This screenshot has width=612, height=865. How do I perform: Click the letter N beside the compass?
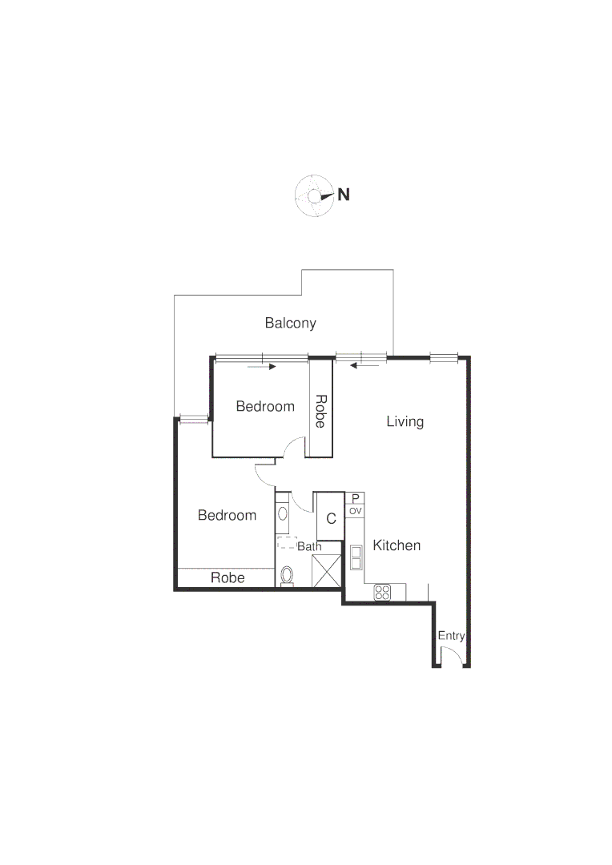pos(344,194)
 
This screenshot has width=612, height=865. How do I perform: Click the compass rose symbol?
pos(314,195)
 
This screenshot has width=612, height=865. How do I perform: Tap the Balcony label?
pos(291,324)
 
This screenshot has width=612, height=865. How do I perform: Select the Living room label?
pos(405,421)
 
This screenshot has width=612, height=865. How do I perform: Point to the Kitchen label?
pos(397,545)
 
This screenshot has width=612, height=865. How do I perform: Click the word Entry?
pos(451,636)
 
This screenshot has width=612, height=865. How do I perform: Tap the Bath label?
pos(309,546)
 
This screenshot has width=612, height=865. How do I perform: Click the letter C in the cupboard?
pos(331,517)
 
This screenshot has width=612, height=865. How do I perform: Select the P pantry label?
pos(356,498)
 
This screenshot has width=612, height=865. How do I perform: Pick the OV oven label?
pos(356,510)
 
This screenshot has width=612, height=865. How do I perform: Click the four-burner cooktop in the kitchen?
pos(382,593)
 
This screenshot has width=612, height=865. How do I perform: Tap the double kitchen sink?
pos(356,557)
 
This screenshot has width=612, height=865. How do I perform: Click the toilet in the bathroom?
pos(287,575)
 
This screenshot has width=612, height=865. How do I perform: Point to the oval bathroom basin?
pos(283,514)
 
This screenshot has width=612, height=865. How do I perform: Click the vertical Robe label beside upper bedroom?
pos(320,410)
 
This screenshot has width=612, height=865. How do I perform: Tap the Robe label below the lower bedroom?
pos(227,577)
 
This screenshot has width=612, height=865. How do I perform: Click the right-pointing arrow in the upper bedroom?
pos(262,367)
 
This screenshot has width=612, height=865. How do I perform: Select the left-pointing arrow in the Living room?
pos(364,367)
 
